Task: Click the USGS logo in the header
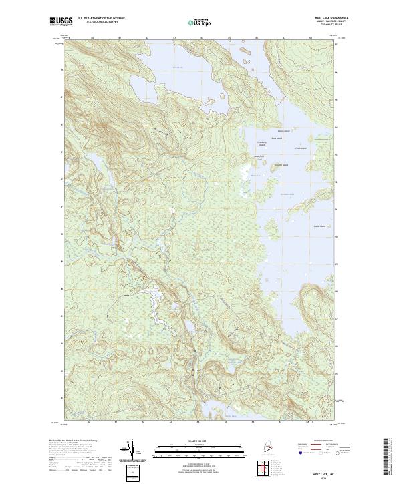(x=61, y=22)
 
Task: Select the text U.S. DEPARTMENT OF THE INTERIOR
(x=101, y=18)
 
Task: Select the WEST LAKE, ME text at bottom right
(x=321, y=470)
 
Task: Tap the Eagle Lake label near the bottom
(x=233, y=417)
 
